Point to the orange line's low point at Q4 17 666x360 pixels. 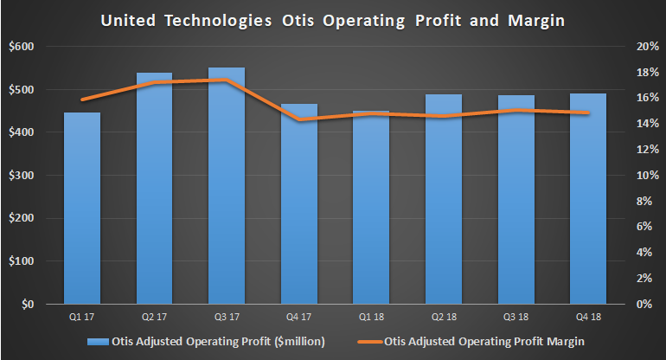point(298,119)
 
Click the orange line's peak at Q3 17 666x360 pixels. point(227,80)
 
